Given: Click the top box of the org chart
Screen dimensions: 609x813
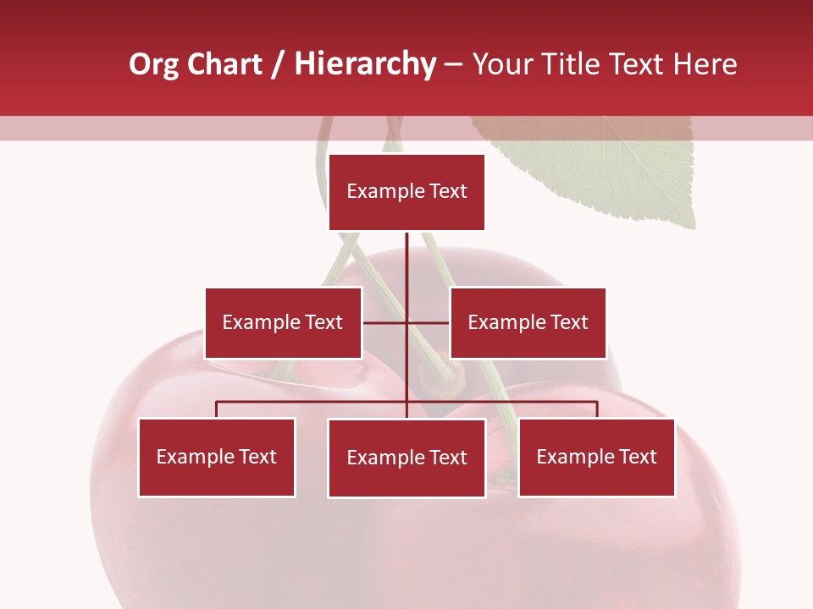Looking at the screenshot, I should [406, 192].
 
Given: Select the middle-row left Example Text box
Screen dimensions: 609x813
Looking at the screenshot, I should [283, 322].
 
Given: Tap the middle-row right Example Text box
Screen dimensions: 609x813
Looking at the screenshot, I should [528, 322].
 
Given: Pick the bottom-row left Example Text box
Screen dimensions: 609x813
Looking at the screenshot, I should [217, 458].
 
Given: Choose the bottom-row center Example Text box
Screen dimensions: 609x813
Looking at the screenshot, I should [406, 458].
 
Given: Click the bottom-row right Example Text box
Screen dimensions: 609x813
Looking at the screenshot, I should [596, 458].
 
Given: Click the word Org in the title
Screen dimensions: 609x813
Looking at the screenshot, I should [153, 64].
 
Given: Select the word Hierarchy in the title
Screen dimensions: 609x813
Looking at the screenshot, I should [364, 64].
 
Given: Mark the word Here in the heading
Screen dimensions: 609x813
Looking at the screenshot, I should [705, 64].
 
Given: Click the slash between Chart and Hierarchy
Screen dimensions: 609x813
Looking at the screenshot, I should [278, 65].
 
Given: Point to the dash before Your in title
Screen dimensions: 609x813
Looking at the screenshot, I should [453, 65].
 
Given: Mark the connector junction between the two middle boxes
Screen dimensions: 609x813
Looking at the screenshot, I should [406, 322].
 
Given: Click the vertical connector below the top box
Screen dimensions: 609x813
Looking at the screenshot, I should [406, 262].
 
